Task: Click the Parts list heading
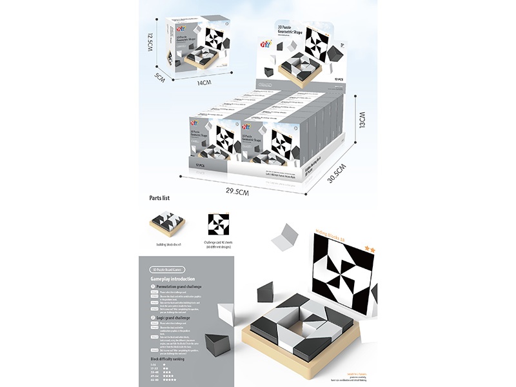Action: (159, 199)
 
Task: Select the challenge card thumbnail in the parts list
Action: (219, 225)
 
